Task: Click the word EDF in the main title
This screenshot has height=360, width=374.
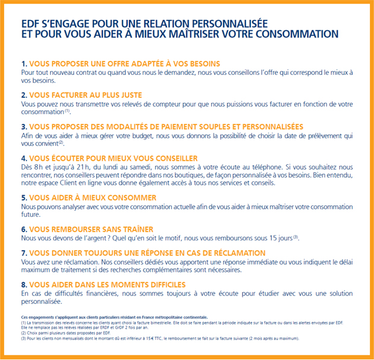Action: click(31, 23)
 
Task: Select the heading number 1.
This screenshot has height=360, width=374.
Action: click(24, 63)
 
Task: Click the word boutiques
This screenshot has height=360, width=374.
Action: click(156, 175)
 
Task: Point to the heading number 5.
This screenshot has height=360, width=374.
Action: click(24, 198)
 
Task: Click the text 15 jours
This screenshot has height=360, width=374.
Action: click(279, 239)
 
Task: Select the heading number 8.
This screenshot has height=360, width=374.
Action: click(24, 284)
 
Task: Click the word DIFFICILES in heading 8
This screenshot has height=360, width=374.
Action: click(162, 284)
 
